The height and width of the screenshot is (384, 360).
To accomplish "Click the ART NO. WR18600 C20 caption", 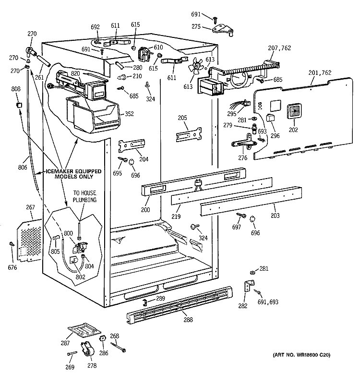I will tap(295, 355).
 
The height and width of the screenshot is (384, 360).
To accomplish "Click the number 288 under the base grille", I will tap(186, 318).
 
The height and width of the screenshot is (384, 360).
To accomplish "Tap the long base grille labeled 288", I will tap(182, 302).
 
